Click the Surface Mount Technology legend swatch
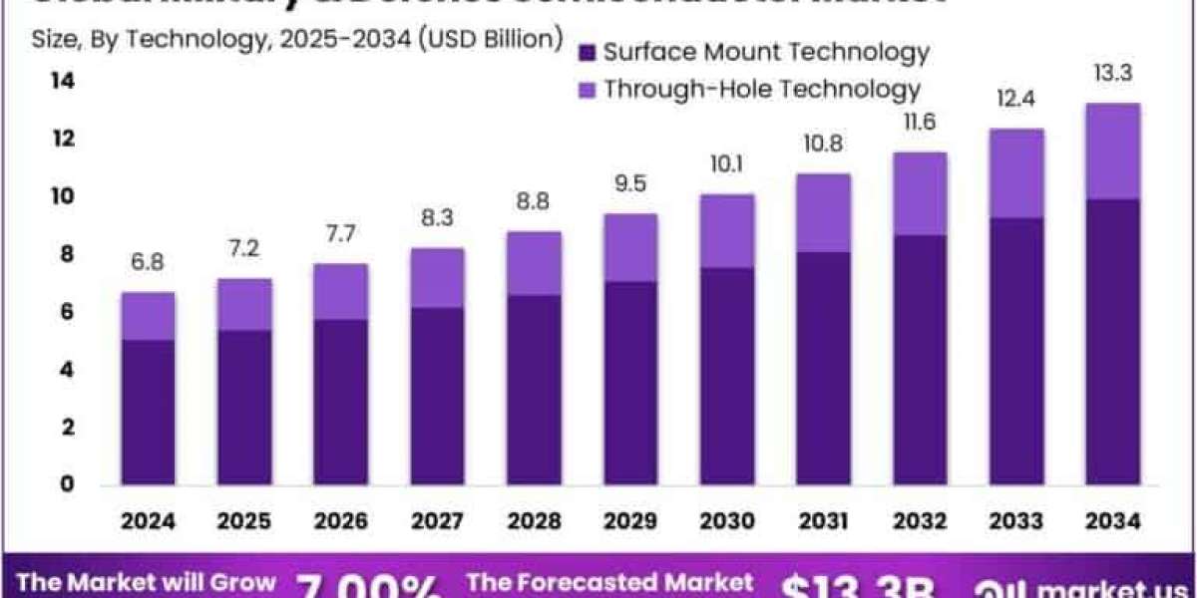588,53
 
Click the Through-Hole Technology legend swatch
588,90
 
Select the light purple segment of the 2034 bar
1112,151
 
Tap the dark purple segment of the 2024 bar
149,412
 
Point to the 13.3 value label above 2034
1112,74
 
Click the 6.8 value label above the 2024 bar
149,264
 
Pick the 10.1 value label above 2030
727,164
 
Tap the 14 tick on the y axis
62,82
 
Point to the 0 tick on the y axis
65,484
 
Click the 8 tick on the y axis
65,254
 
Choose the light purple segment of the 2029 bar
630,248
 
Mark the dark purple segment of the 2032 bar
920,360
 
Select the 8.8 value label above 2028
534,202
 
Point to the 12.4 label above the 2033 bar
1016,100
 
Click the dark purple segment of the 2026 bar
341,402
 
